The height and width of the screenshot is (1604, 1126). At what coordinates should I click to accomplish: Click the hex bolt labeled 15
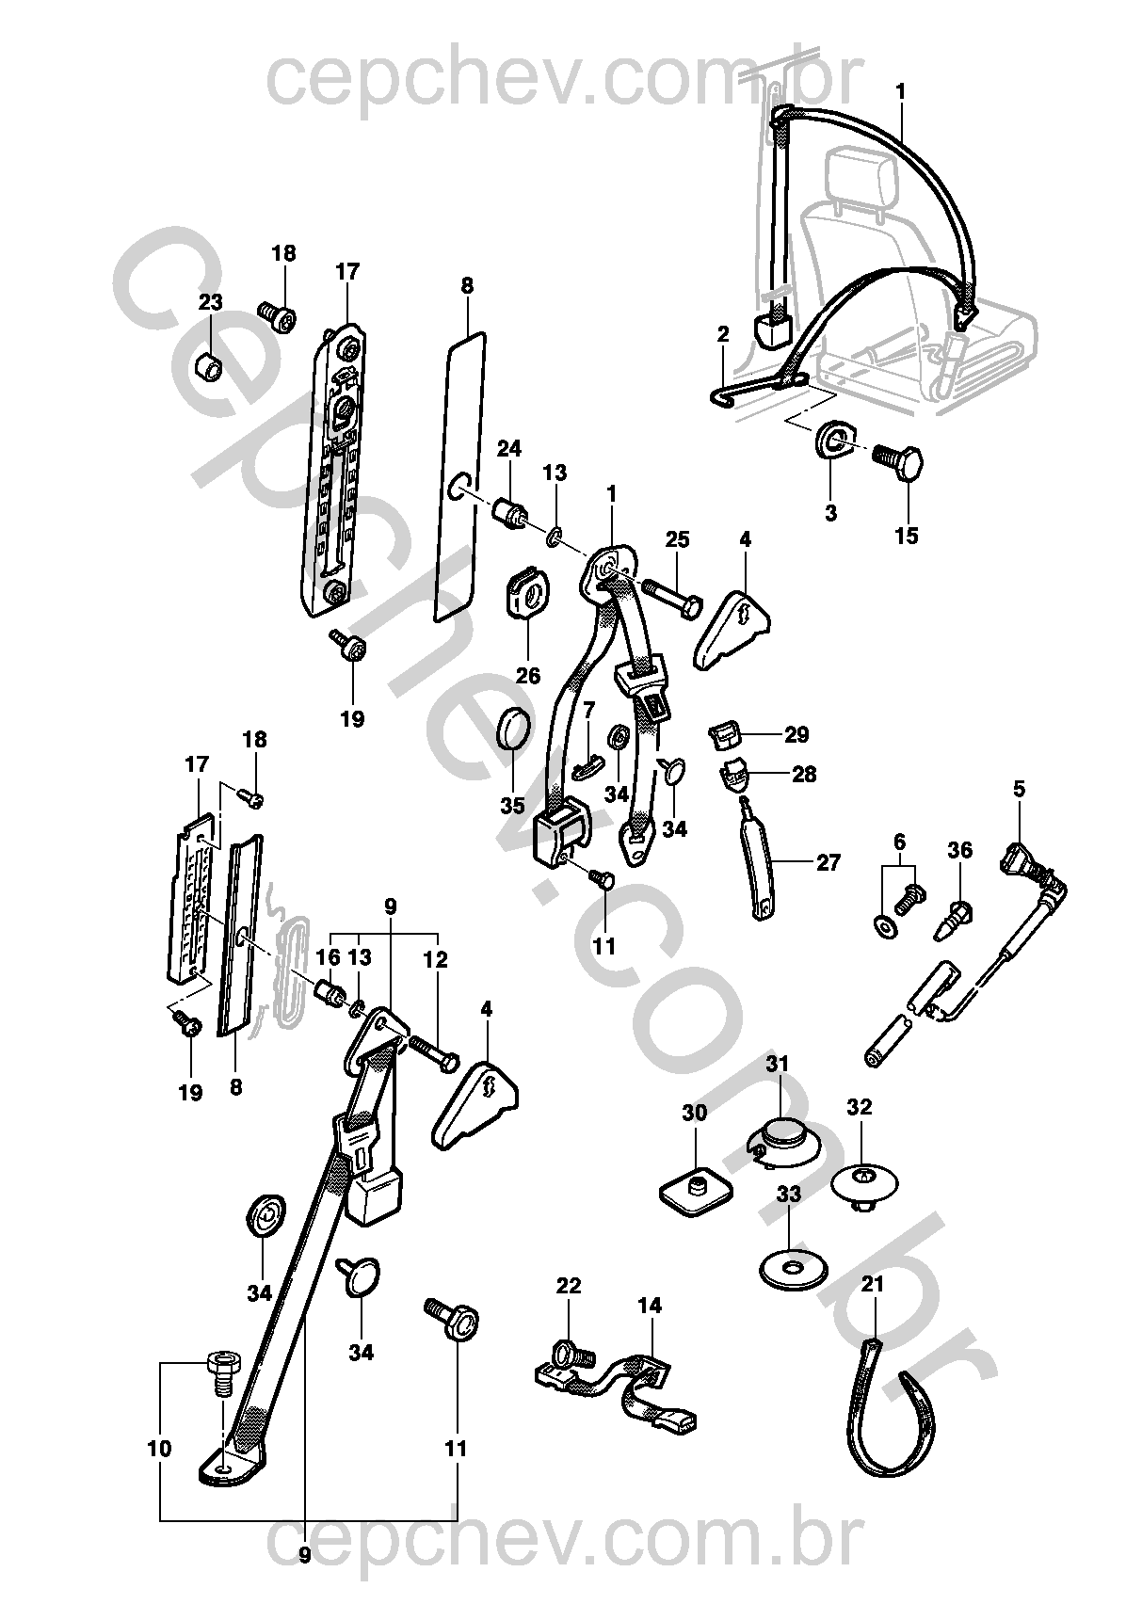coord(897,462)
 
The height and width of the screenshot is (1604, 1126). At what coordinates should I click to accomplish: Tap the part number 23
coord(210,302)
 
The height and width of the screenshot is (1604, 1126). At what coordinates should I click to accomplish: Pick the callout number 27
coord(828,862)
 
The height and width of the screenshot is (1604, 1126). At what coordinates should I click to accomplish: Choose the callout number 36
coord(959,850)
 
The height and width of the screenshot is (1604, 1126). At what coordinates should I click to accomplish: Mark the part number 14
coord(650,1306)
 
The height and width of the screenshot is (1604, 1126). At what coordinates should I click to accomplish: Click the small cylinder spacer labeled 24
coord(510,514)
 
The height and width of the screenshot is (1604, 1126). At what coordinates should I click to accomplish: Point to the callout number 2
coord(723,334)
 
